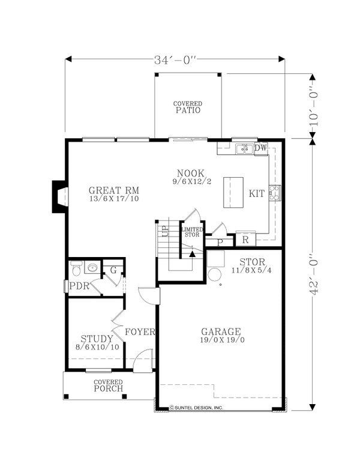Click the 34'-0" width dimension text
(175, 60)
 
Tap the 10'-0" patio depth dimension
(313, 106)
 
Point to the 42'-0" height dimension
(313, 274)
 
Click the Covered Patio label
(188, 107)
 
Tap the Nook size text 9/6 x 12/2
(192, 181)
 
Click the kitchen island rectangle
(233, 192)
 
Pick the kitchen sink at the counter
(244, 148)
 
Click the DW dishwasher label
(261, 148)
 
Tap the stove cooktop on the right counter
(275, 193)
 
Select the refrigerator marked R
(245, 240)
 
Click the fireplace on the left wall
(60, 196)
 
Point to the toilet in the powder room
(76, 268)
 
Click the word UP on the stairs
(165, 231)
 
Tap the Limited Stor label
(192, 232)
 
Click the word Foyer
(140, 331)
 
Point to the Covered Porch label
(109, 386)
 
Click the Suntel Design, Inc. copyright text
(196, 408)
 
